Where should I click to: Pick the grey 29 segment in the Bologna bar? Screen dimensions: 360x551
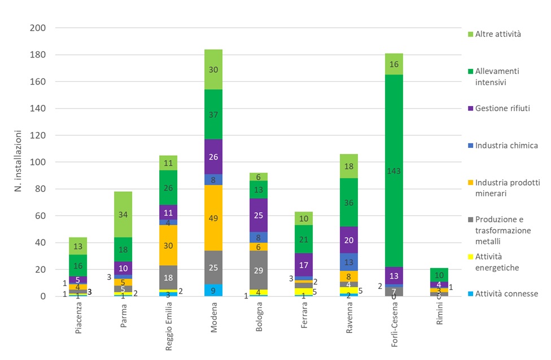point(259,270)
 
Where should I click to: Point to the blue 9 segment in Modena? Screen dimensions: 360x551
point(213,290)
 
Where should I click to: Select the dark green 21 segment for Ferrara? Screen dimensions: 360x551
point(304,239)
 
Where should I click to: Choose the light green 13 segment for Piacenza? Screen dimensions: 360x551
point(78,246)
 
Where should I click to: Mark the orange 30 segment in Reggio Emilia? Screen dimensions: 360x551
point(168,245)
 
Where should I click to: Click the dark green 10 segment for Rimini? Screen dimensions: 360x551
point(439,275)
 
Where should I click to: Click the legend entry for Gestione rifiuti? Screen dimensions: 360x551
point(503,108)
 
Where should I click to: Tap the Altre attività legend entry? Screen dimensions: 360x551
point(497,34)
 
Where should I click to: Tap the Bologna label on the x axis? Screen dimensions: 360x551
point(259,320)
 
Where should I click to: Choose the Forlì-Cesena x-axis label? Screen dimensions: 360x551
point(395,326)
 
